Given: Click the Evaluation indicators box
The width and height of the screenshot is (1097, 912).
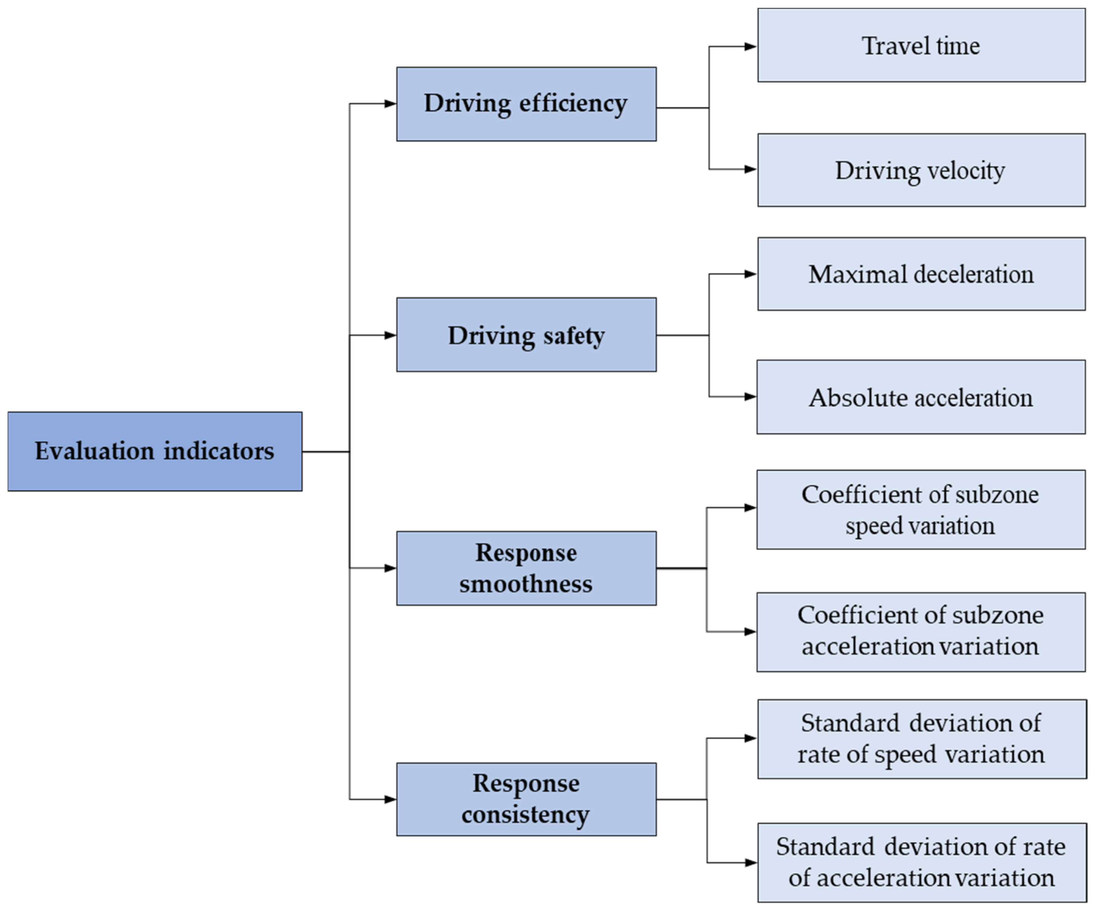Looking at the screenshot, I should tap(155, 451).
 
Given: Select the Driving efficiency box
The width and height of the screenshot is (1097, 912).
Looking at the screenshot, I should tap(526, 104).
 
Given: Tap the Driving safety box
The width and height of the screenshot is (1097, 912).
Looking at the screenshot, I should tap(526, 335).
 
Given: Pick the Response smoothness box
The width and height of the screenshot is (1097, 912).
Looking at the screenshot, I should tap(526, 568).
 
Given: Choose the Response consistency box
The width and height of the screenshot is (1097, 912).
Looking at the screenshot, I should tap(526, 799).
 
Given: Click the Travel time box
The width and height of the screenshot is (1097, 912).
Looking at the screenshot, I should tap(921, 45).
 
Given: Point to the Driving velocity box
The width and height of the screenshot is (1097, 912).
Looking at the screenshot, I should tap(921, 170).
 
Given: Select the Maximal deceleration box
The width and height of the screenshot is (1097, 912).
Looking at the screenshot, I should tap(921, 274).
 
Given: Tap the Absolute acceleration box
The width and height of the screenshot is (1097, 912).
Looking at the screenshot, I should tap(921, 397).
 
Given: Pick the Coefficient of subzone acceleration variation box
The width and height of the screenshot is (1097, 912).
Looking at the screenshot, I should tap(921, 632).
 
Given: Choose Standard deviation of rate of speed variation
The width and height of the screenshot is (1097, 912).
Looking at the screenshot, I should tap(921, 739).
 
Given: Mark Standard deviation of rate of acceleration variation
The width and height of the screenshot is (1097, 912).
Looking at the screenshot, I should tap(921, 863).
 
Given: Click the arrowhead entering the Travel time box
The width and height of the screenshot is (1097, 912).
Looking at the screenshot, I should tap(751, 46).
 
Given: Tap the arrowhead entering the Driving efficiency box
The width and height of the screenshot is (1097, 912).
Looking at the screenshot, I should tap(390, 104).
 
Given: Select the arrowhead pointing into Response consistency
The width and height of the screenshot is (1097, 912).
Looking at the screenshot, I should tap(390, 799).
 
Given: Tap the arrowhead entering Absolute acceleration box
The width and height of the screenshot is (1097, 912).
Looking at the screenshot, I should tap(751, 397).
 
